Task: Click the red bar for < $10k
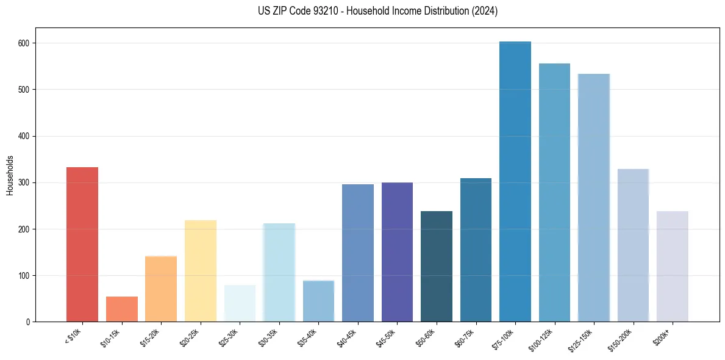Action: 82,244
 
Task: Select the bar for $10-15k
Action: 122,309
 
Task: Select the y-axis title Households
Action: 10,175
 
